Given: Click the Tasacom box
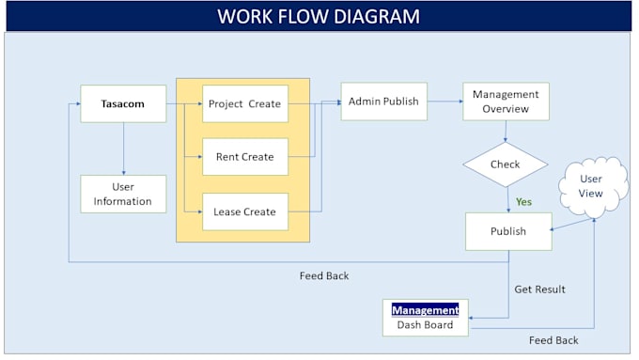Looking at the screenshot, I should tap(123, 103).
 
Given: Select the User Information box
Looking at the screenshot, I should tap(123, 194).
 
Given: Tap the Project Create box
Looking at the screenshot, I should tap(244, 103).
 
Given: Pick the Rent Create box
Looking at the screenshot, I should tap(244, 157).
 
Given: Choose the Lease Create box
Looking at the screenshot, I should tap(244, 211).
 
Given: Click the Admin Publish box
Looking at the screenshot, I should tap(383, 102).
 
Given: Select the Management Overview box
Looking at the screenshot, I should tap(506, 102).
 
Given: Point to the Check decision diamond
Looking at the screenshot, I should tap(506, 164).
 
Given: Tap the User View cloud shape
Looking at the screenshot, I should tap(591, 186).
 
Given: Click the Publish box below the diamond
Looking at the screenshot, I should tap(508, 231).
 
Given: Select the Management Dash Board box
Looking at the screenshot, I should tap(426, 318).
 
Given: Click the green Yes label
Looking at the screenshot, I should tap(523, 201).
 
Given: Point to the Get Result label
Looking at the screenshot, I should tap(539, 290).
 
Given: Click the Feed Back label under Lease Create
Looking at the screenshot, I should tap(324, 275).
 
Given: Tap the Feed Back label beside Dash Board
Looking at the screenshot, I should tap(553, 340).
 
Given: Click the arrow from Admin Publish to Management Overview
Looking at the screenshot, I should tap(444, 102).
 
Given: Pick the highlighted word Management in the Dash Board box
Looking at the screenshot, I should tap(426, 309).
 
